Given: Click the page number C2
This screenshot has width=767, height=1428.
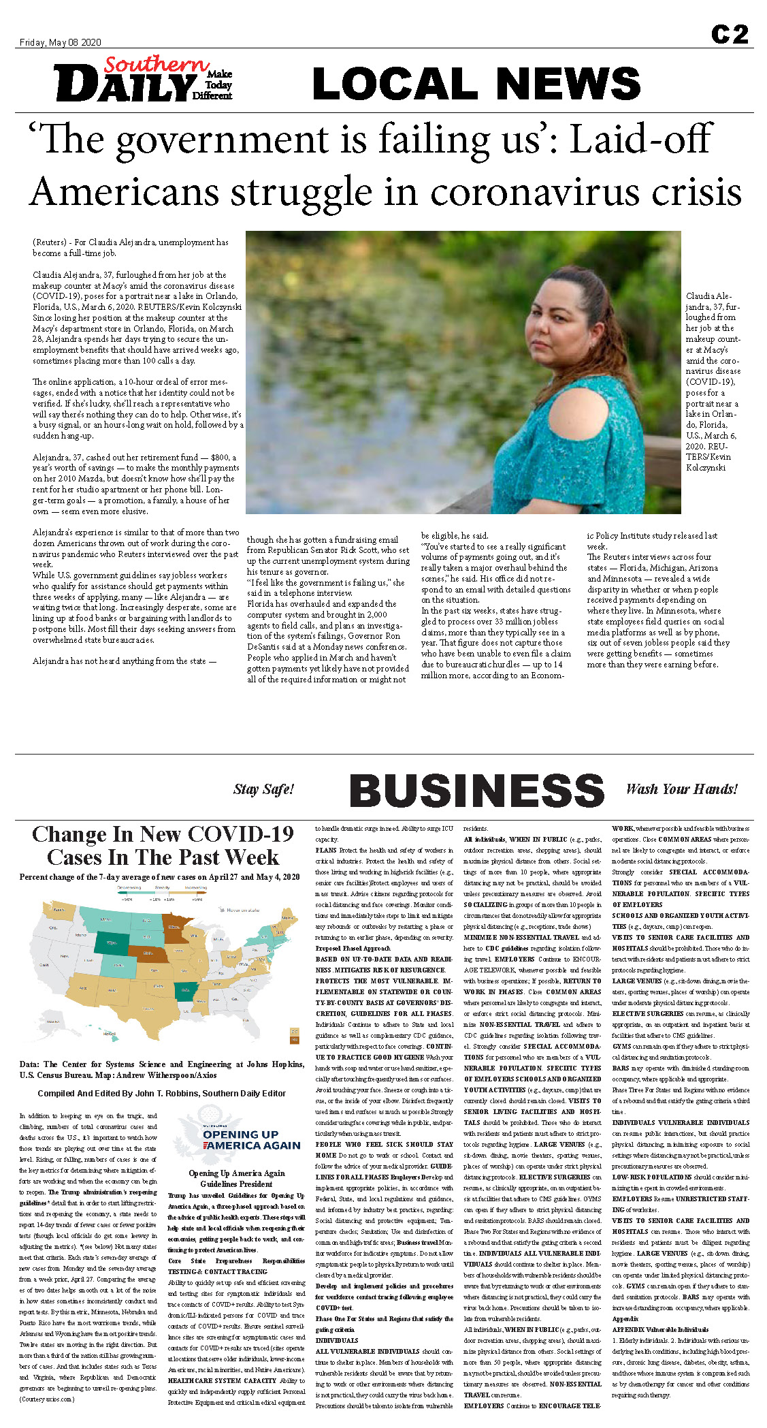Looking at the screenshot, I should point(730,34).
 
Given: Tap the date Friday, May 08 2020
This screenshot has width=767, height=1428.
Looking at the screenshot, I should point(60,42).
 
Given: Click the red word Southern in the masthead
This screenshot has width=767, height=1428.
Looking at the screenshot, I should point(157,65).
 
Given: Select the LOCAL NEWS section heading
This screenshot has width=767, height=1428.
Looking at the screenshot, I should point(476,84).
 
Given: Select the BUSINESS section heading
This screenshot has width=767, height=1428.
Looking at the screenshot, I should point(476,791).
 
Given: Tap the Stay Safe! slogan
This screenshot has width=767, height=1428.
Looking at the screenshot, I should point(263,789).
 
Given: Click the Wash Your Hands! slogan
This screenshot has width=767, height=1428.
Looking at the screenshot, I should point(681,789).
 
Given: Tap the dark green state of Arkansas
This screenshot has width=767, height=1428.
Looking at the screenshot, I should point(183,991).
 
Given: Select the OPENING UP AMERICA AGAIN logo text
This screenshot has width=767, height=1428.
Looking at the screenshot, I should point(251,1139).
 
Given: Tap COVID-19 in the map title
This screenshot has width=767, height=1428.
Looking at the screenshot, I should point(242,834).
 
